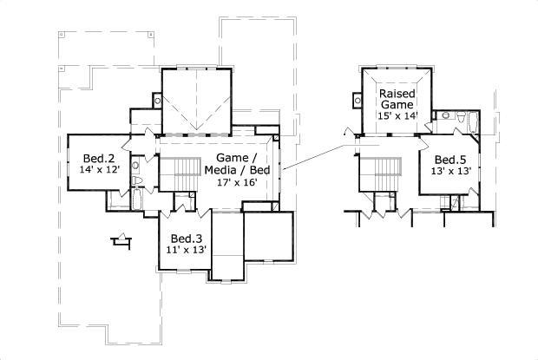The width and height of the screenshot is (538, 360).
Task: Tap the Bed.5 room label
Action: tap(451, 160)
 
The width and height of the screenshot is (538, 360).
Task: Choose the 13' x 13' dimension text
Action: tap(451, 172)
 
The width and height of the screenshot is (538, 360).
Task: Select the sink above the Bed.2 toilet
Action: tap(136, 163)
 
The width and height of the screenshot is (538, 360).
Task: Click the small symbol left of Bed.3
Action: tap(121, 240)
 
